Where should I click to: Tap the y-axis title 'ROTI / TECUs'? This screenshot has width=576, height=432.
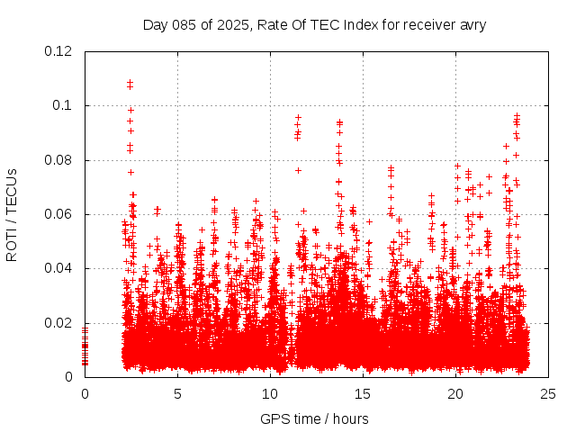tap(12, 213)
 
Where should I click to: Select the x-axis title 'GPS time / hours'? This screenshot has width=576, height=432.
tap(314, 418)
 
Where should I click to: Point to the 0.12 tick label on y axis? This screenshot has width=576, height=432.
tap(59, 51)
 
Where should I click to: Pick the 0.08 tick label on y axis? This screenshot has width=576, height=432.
tap(59, 160)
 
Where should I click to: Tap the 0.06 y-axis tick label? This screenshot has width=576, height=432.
tap(59, 214)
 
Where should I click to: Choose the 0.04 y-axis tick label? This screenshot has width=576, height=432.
tap(59, 268)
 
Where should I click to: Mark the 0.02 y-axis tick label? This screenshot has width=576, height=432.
tap(59, 323)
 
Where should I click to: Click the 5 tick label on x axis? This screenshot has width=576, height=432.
tap(177, 393)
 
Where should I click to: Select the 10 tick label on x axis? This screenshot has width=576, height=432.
tap(270, 393)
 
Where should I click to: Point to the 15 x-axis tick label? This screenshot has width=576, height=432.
tap(363, 393)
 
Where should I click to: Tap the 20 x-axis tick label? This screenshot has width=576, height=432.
tap(455, 393)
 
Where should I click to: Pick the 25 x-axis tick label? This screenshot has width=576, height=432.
tap(548, 393)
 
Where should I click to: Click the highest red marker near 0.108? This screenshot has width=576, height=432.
tap(130, 83)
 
